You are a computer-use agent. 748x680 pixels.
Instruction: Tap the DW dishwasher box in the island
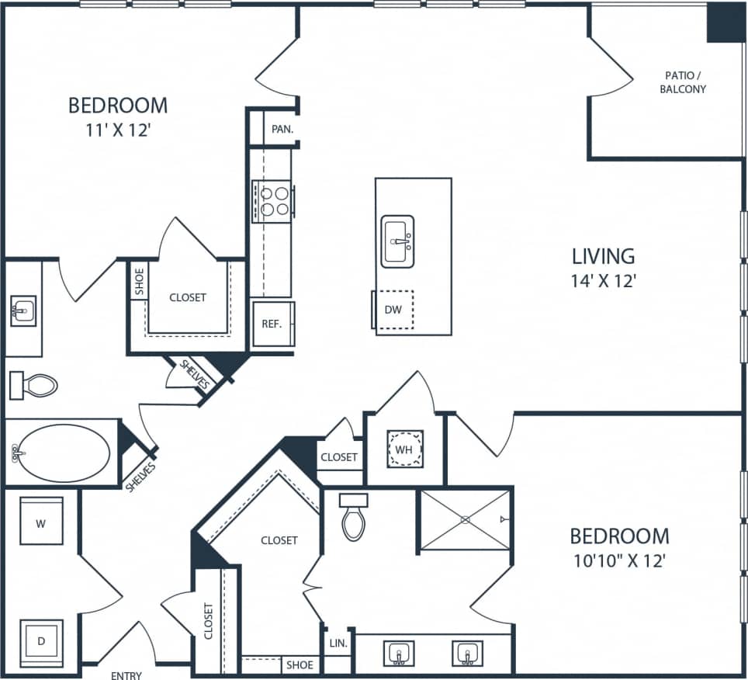coord(393,310)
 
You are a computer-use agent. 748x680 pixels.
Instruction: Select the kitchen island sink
coord(397,241)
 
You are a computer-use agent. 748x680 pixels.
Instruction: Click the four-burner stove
coord(272,200)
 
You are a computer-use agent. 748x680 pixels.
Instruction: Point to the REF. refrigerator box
coord(272,324)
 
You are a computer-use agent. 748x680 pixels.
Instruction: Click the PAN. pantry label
coord(282,129)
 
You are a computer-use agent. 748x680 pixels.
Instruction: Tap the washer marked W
coord(41,522)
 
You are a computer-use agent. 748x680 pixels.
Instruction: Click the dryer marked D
coord(40,641)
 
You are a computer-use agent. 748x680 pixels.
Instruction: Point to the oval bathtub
coord(62,453)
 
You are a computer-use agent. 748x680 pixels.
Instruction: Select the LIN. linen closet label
coord(338,644)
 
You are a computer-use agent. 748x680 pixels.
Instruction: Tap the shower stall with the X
coord(465,519)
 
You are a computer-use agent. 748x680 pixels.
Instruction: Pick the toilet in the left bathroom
coord(35,384)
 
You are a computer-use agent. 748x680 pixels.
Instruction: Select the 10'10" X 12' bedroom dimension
coord(618,560)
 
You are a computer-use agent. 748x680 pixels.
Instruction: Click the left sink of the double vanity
coord(398,653)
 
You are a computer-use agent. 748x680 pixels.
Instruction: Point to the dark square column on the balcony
coord(725,23)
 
